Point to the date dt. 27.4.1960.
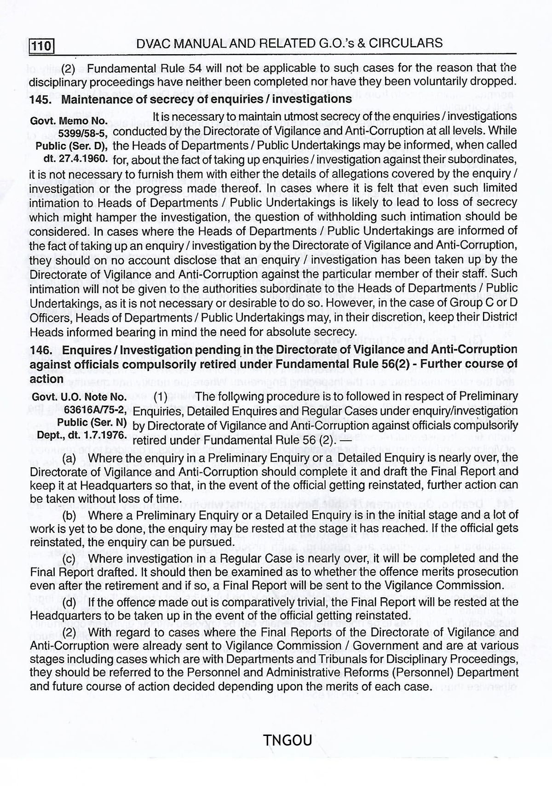pos(76,159)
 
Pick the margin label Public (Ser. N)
pos(92,422)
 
